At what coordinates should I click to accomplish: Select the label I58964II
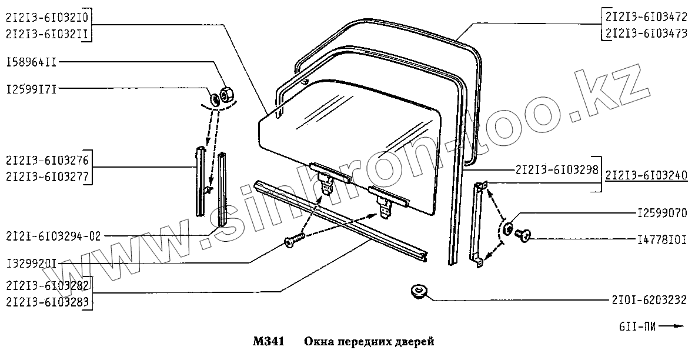tap(31, 62)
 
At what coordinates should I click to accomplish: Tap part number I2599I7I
tap(31, 89)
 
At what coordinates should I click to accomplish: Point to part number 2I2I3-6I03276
tap(48, 160)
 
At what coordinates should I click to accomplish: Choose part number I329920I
tap(31, 263)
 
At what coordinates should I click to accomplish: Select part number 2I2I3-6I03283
tap(48, 301)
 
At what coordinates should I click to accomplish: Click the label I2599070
tap(661, 213)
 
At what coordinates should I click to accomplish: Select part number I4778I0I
tap(661, 239)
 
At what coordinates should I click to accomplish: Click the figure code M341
tap(268, 342)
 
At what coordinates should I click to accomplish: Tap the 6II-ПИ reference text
tap(638, 325)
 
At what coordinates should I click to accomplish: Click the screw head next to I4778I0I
tap(522, 235)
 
